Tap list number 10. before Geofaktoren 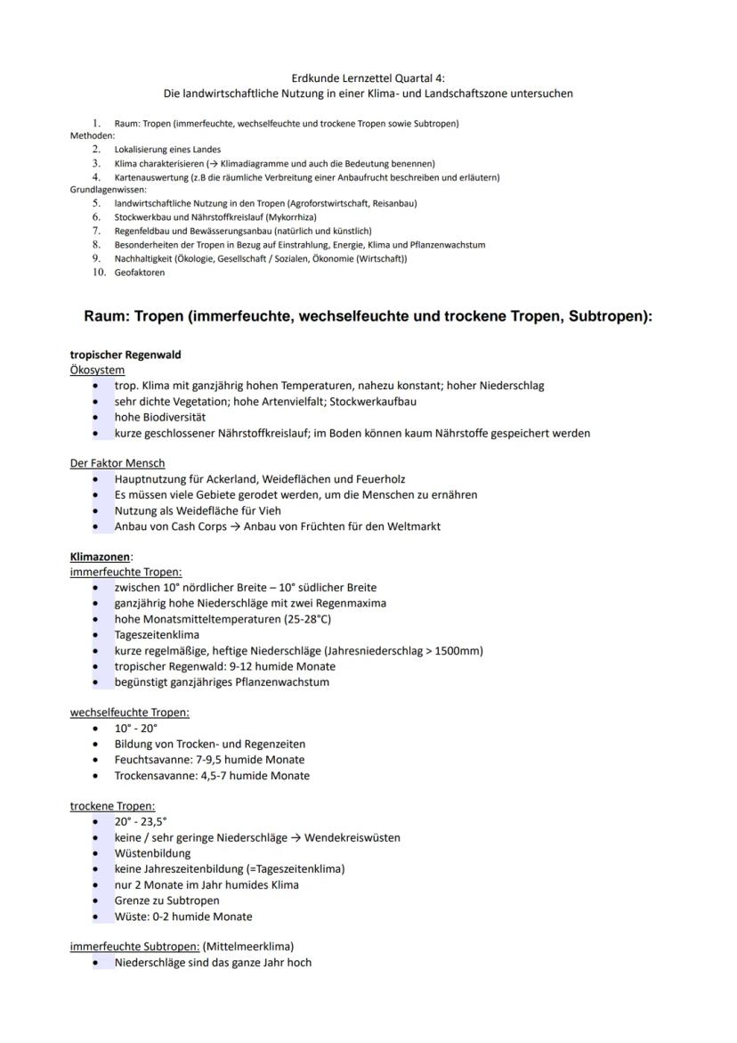[100, 273]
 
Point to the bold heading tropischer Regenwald [126, 354]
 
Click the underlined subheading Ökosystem [97, 370]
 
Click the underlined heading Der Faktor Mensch [117, 463]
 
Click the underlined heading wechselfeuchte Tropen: [130, 713]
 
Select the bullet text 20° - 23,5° [141, 822]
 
